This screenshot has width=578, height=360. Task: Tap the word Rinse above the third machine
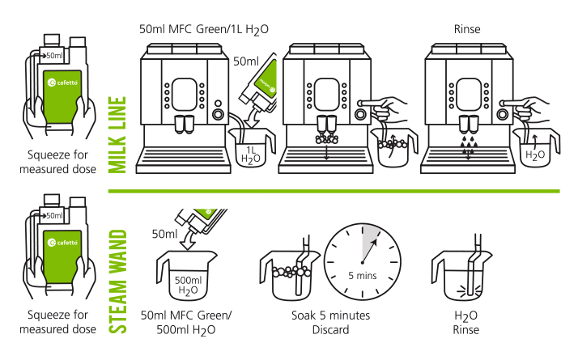click(x=467, y=30)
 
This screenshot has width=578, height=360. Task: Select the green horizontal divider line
click(x=405, y=192)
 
